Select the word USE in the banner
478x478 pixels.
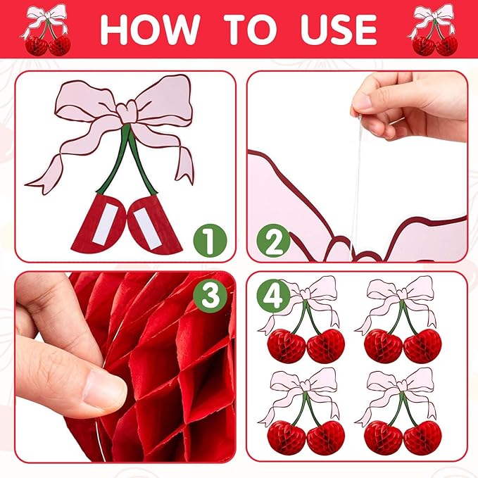pos(339,30)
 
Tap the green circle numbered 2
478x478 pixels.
pos(273,241)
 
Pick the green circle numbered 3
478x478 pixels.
pos(210,295)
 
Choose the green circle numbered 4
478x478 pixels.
pos(273,295)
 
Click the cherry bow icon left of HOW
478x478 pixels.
pos(46,30)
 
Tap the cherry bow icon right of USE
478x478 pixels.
pos(433,30)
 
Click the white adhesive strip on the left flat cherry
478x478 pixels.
pos(105,225)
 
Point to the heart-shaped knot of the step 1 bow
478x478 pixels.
pos(127,112)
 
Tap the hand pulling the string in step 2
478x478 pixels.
pos(408,107)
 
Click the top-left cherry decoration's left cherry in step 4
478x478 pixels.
pos(287,346)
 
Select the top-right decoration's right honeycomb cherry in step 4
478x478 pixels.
pos(422,346)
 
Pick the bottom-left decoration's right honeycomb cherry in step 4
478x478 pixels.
pos(325,438)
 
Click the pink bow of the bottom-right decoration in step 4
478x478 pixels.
pos(399,386)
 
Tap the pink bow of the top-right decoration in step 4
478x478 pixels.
pos(399,294)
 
